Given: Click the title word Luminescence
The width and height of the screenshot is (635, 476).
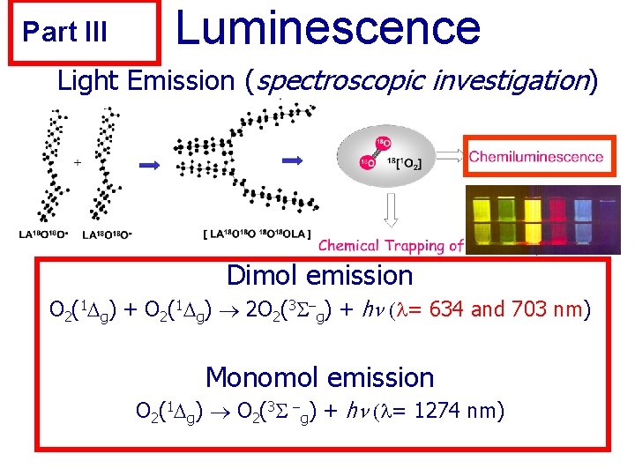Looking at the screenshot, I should (x=328, y=27).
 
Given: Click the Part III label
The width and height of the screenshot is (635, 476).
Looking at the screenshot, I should (x=65, y=33).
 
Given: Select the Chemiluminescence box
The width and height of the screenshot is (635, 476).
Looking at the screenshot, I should (x=536, y=158).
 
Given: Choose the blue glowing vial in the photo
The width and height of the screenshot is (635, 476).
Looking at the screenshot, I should (x=584, y=219).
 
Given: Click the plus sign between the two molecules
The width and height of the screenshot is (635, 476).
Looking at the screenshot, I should (x=78, y=163).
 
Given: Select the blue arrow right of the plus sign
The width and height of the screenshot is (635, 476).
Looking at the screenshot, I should (x=150, y=163).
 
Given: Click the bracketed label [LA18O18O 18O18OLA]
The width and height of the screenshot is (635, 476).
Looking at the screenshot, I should (x=260, y=234).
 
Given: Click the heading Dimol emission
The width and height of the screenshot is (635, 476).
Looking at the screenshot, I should (x=319, y=276).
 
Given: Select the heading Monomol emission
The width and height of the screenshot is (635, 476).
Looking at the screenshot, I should (x=319, y=378).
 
